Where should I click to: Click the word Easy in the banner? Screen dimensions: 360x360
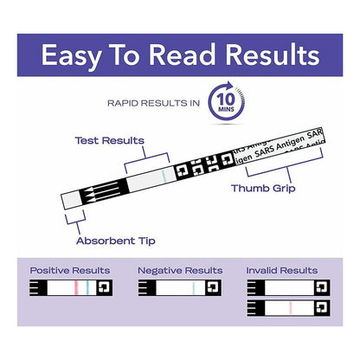point(71,55)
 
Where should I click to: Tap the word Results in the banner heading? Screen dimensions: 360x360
point(273,55)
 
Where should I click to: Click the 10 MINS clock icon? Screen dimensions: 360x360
point(227,101)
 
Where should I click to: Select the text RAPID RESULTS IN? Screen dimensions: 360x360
point(153,103)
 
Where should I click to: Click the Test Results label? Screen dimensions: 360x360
point(110,140)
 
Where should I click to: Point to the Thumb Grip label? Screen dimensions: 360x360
point(263,189)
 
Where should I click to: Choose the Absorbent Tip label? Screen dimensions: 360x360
point(116,241)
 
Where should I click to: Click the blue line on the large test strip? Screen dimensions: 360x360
point(164,177)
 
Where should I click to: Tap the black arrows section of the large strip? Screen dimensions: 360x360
point(104,190)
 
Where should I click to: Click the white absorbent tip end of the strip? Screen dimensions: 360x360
point(71,200)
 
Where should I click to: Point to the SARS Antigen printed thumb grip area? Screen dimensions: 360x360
point(280,146)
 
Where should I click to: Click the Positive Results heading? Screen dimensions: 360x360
point(70,271)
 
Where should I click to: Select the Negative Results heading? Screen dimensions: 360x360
point(180,271)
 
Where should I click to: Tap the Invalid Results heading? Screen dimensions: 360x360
point(282,271)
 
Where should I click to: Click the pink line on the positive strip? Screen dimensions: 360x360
point(76,287)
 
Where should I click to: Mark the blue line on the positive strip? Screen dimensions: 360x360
point(87,287)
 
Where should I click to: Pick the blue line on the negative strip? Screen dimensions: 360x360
point(194,287)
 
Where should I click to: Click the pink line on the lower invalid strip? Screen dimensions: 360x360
point(291,308)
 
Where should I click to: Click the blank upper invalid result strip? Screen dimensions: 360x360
point(288,287)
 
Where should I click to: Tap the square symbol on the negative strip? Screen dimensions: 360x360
point(213,287)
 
